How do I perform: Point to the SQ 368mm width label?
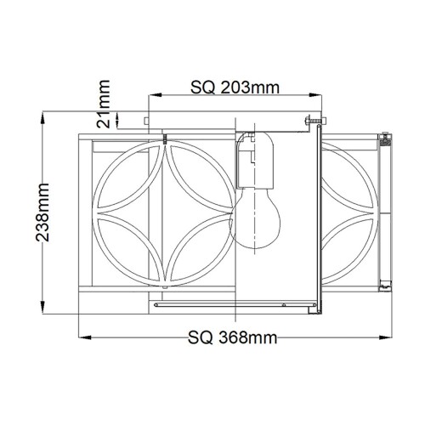231,337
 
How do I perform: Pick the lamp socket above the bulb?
252,163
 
